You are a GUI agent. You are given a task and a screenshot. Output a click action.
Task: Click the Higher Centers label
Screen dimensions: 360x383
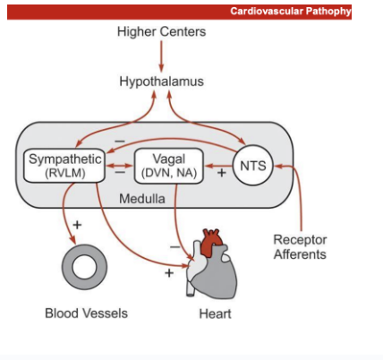[161, 32]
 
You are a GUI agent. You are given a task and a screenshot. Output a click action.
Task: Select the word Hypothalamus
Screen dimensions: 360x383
[161, 81]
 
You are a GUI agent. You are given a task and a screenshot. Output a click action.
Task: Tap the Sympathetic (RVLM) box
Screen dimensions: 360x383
[61, 166]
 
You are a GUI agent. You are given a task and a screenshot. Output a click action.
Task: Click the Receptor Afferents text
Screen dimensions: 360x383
[300, 246]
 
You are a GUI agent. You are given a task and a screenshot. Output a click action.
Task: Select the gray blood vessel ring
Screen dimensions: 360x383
[86, 267]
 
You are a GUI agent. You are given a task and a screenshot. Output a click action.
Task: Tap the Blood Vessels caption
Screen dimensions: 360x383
[86, 313]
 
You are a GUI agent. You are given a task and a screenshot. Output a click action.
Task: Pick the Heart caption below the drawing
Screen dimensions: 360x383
[215, 313]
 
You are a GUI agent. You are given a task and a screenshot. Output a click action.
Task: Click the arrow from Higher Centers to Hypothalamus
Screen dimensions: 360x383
[161, 56]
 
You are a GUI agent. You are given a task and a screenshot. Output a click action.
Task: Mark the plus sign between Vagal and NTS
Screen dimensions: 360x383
[221, 173]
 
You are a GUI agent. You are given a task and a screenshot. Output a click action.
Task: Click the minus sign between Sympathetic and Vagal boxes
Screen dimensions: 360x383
[118, 174]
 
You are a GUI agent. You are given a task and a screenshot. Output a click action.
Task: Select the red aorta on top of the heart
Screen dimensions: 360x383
[211, 240]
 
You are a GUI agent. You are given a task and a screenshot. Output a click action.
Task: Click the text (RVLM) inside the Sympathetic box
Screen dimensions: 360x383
[61, 174]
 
